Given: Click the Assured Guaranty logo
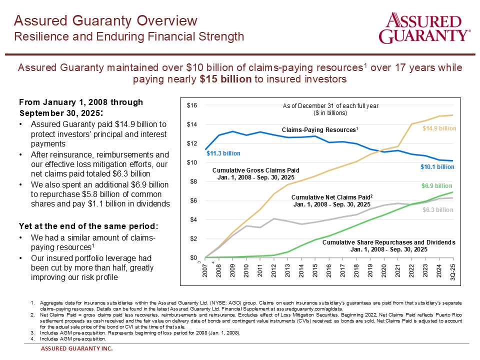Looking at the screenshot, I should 424,29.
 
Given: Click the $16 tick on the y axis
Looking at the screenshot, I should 192,105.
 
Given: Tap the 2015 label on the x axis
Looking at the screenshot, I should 314,270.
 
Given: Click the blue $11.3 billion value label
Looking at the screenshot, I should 223,153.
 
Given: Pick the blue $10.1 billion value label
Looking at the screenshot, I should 437,167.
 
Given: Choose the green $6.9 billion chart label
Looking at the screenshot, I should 437,186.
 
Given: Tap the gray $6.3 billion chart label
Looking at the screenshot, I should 437,210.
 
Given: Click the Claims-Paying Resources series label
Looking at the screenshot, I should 320,130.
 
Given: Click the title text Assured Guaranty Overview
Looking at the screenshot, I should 105,20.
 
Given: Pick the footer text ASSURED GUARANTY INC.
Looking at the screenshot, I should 76,349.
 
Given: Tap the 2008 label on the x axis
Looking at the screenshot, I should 218,270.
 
